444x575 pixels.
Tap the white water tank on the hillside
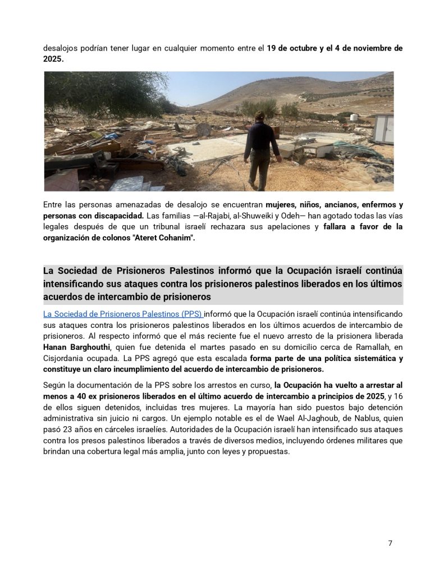coord(354,118)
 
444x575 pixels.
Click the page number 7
coord(390,543)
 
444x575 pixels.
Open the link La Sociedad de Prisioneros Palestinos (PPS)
coord(123,314)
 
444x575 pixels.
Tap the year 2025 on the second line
coord(53,58)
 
